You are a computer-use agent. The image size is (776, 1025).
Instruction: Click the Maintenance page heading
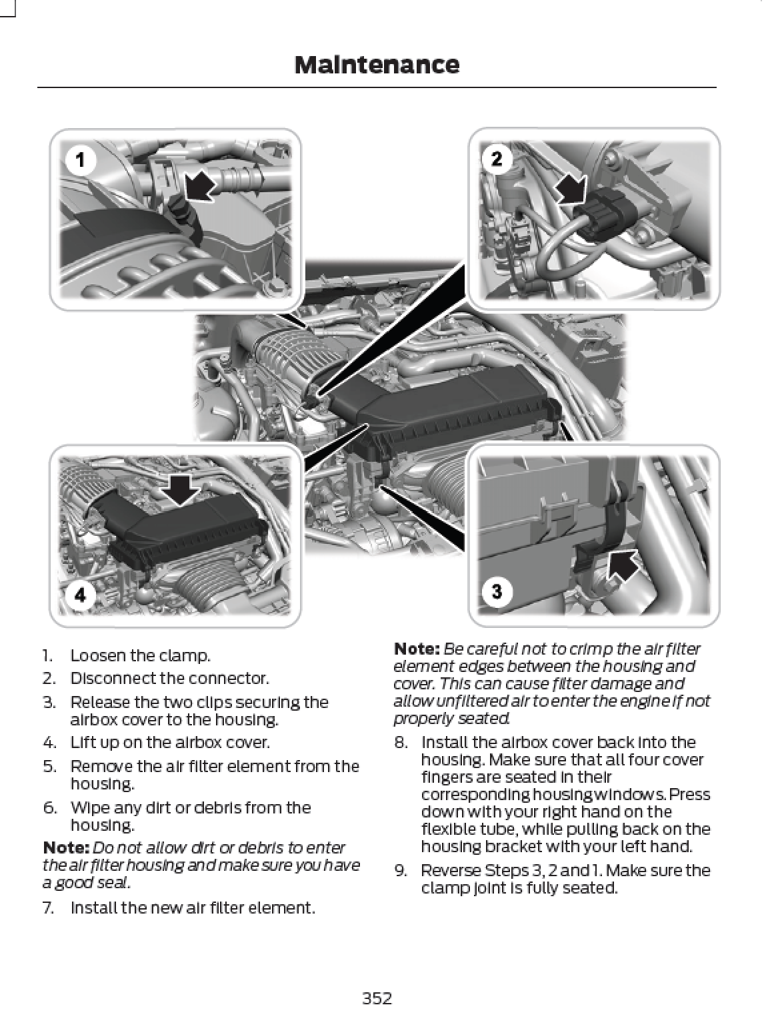376,65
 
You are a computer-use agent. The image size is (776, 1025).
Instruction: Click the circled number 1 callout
81,160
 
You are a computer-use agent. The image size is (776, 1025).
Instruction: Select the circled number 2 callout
497,159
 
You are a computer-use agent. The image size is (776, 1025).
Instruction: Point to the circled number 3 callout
497,591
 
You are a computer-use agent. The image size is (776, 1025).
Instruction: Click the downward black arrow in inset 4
180,491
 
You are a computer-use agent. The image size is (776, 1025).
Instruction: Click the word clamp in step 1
189,655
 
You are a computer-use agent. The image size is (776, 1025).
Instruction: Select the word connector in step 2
239,679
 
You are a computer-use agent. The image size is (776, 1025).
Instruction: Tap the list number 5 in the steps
49,766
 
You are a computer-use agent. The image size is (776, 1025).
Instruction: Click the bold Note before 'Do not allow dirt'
65,847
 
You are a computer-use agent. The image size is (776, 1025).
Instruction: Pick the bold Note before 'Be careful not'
417,649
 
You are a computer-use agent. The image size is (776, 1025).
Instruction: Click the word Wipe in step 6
86,807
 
